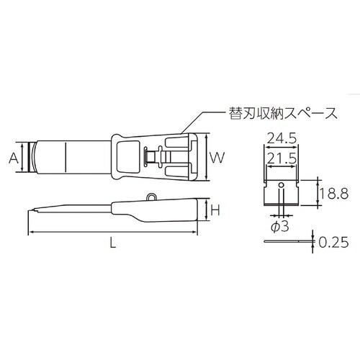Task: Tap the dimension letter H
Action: (215, 210)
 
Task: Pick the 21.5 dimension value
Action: (283, 157)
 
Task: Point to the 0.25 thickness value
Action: (334, 243)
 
